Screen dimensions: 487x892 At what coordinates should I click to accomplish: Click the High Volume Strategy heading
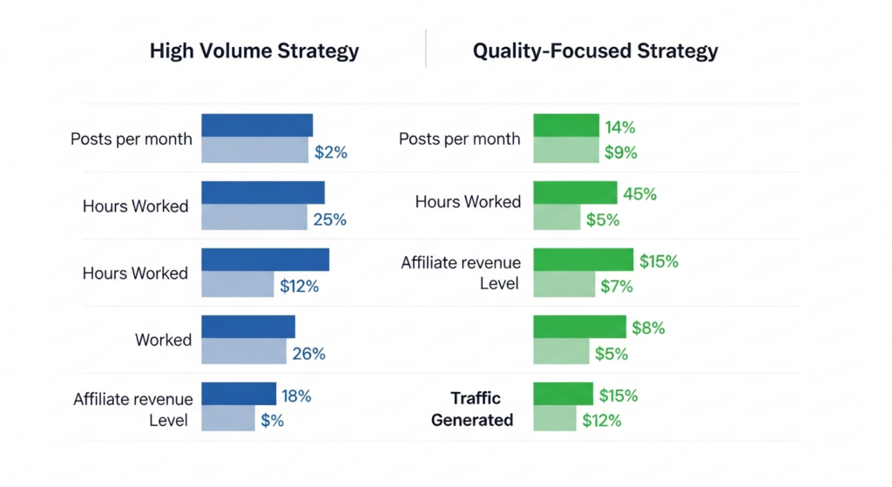pyautogui.click(x=253, y=51)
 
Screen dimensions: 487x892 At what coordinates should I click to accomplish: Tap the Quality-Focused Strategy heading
pyautogui.click(x=595, y=51)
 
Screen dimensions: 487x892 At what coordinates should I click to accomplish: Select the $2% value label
pyautogui.click(x=331, y=152)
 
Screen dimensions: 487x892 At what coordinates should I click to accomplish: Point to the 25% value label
pyautogui.click(x=330, y=220)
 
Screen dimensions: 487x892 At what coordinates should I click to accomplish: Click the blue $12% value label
pyautogui.click(x=299, y=286)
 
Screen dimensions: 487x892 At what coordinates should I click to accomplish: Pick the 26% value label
pyautogui.click(x=309, y=354)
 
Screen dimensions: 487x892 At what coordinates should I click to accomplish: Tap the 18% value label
pyautogui.click(x=296, y=396)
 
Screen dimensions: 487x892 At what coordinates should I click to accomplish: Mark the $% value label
pyautogui.click(x=273, y=421)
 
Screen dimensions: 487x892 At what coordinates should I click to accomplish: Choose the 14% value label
pyautogui.click(x=619, y=128)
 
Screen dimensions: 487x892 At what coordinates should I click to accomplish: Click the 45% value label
pyautogui.click(x=640, y=194)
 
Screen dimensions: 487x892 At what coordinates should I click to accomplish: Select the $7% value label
pyautogui.click(x=616, y=286)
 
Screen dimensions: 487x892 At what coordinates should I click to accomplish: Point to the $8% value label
pyautogui.click(x=648, y=328)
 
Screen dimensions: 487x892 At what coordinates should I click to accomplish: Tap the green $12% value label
pyautogui.click(x=602, y=421)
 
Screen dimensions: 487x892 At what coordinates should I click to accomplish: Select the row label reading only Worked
pyautogui.click(x=163, y=340)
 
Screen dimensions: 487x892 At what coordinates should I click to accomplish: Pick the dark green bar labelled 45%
pyautogui.click(x=574, y=193)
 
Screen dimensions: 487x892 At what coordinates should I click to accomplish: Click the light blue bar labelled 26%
pyautogui.click(x=244, y=352)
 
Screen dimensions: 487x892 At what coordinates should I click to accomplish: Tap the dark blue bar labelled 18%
pyautogui.click(x=239, y=395)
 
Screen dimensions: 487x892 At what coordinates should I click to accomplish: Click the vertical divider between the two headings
pyautogui.click(x=426, y=49)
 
